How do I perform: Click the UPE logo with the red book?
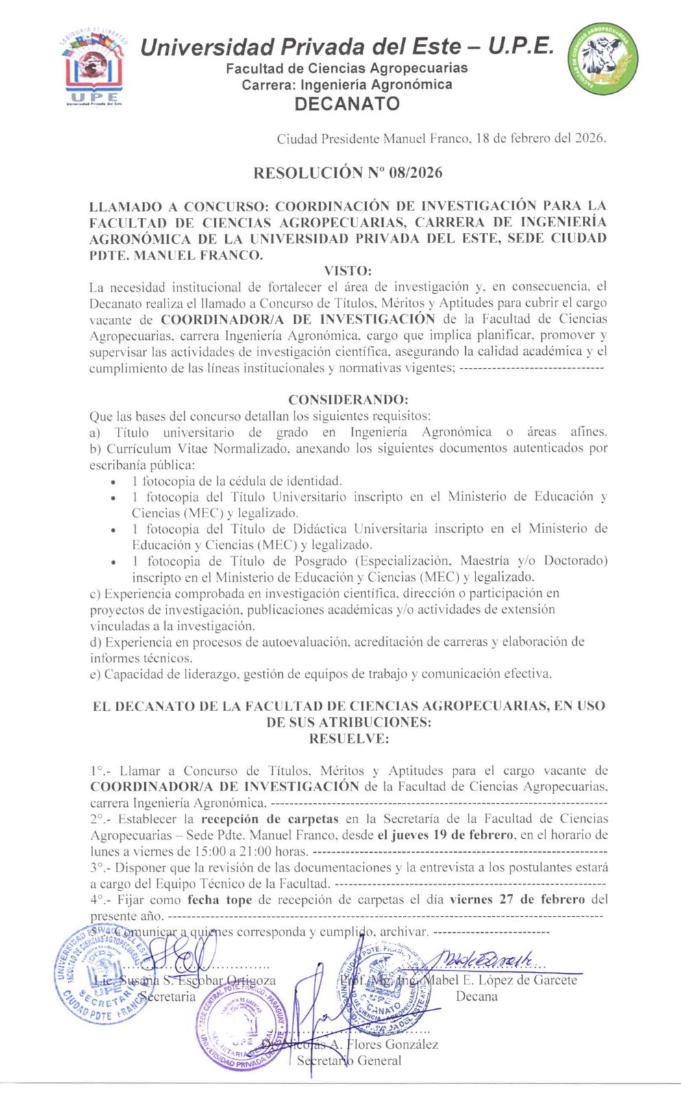(x=94, y=72)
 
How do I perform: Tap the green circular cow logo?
(x=603, y=58)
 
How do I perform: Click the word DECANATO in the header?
(x=347, y=104)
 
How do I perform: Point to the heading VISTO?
(x=347, y=271)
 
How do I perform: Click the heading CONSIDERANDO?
(x=347, y=399)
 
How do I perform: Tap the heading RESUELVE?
(x=349, y=738)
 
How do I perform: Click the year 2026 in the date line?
(x=589, y=138)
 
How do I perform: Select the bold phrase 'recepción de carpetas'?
(x=270, y=819)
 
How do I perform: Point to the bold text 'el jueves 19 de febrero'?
(x=445, y=835)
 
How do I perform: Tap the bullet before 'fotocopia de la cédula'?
(x=113, y=482)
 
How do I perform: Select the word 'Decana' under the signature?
(x=477, y=996)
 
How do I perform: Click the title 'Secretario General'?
(x=349, y=1060)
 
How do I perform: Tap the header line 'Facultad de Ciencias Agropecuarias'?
(x=347, y=68)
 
